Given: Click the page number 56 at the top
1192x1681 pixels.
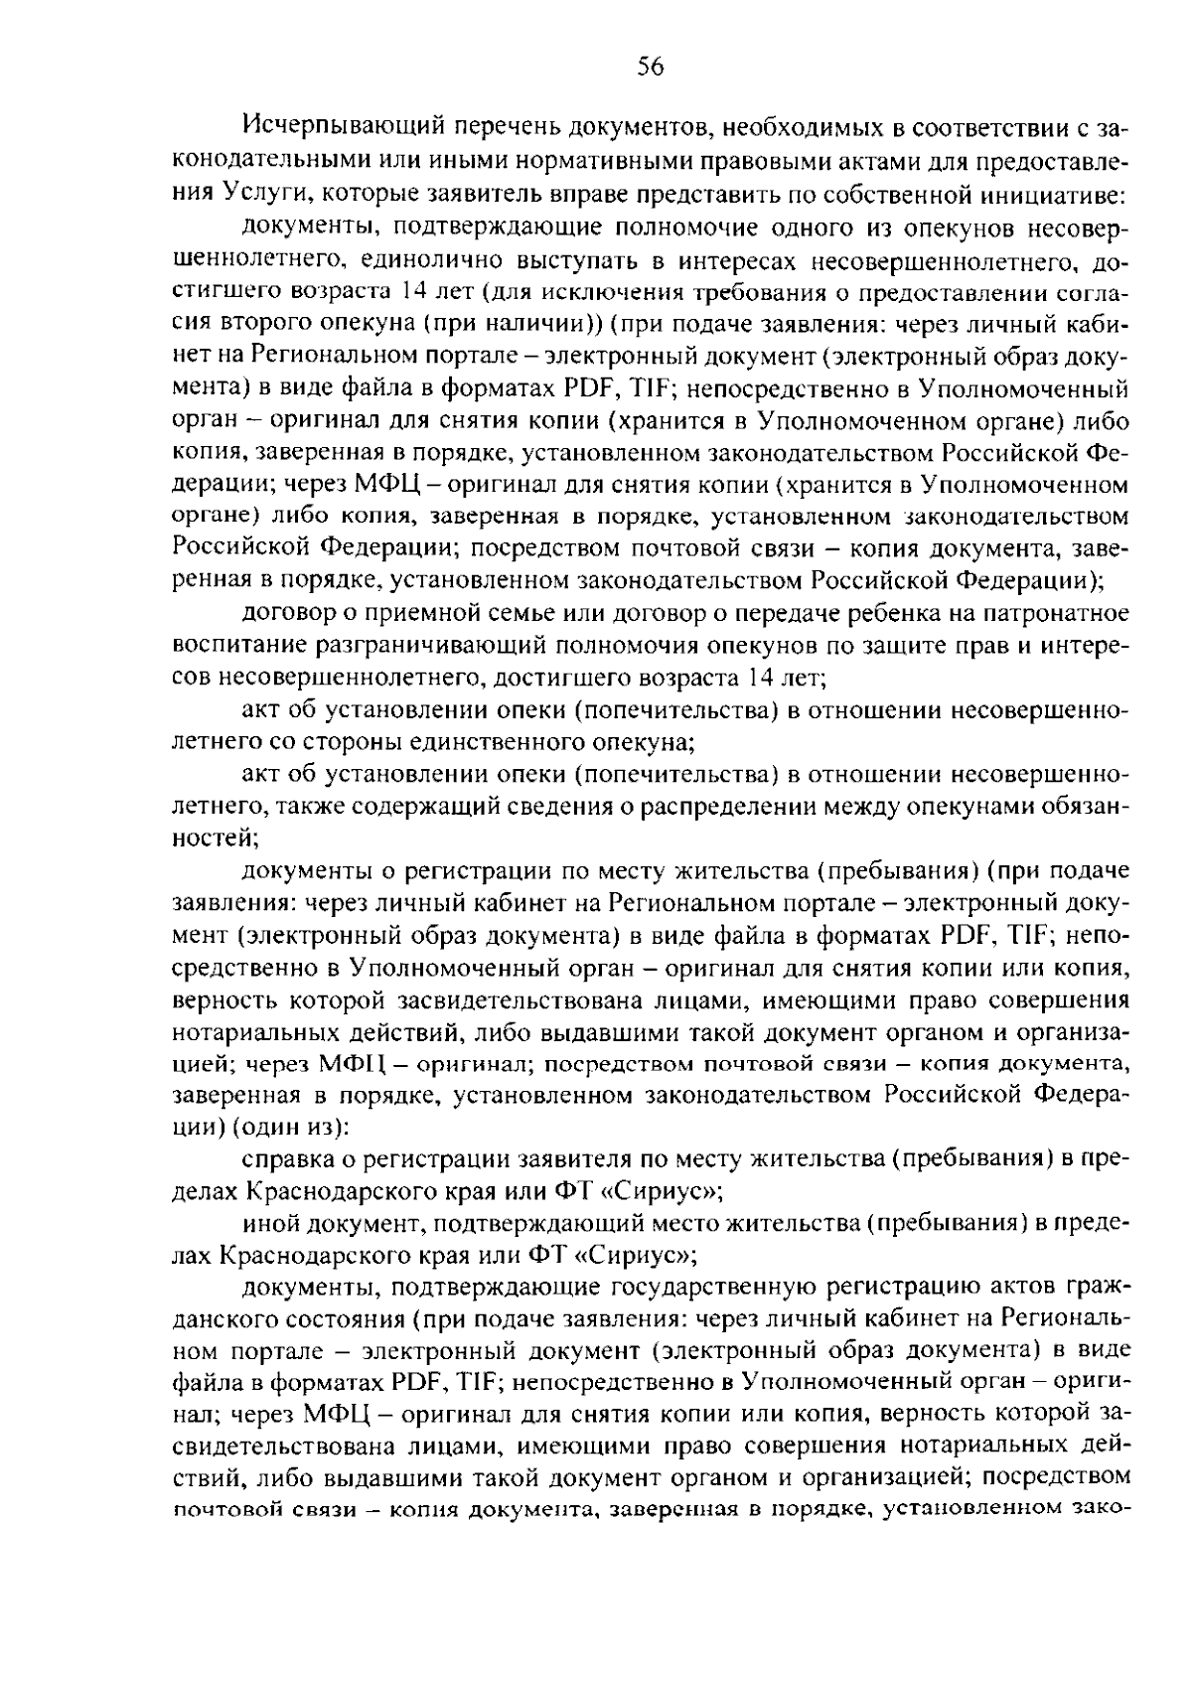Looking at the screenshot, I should point(650,67).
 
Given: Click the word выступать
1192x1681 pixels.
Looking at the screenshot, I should point(582,263).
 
